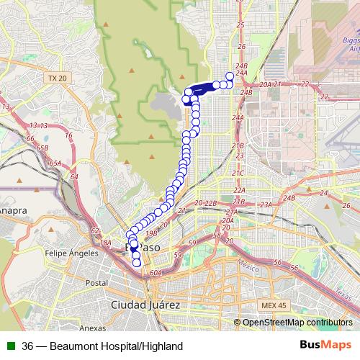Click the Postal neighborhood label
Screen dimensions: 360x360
click(x=96, y=283)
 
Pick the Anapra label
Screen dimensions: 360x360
click(x=14, y=211)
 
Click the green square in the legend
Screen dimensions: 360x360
click(x=11, y=346)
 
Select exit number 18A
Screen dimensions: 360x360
click(x=106, y=243)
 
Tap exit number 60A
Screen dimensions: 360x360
click(x=157, y=273)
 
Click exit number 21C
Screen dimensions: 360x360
click(x=238, y=173)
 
